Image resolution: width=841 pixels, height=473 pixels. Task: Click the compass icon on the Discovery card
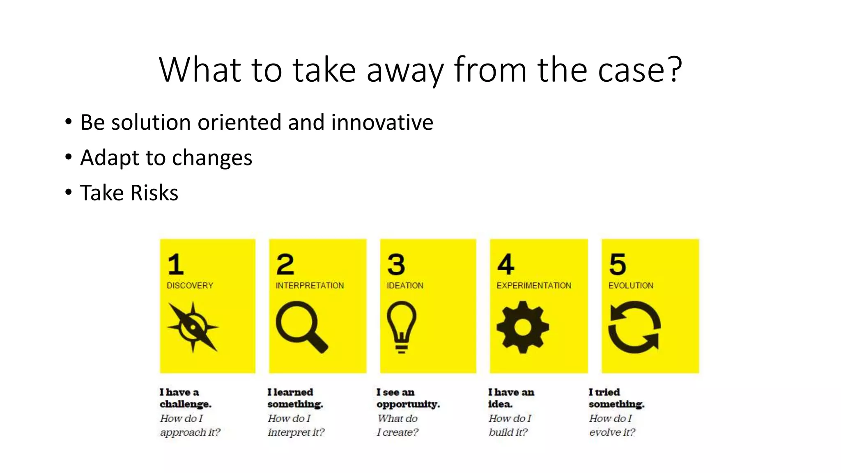coord(193,327)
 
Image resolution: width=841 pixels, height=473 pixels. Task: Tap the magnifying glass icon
coord(301,326)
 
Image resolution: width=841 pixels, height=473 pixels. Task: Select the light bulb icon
coord(402,326)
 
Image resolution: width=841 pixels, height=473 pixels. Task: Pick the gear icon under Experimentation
coord(522,327)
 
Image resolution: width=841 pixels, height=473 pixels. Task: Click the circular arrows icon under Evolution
coord(634,327)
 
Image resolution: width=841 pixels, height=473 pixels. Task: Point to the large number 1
coord(175,264)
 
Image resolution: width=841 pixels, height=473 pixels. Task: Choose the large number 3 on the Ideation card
coord(396,264)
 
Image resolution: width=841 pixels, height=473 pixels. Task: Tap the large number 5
coord(617,264)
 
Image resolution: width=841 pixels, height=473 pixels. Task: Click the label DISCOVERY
coord(190,285)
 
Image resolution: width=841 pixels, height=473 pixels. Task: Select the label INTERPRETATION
coord(310,285)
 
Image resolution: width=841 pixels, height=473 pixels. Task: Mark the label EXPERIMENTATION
coord(533,285)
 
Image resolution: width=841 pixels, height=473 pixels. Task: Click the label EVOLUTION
coord(630,285)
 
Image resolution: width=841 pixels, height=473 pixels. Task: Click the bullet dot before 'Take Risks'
coord(68,192)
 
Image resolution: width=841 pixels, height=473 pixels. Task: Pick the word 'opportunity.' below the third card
coord(408,404)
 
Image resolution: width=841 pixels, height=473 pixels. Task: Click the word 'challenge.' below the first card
coord(185,404)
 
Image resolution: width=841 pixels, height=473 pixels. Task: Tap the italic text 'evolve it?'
coord(612,432)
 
